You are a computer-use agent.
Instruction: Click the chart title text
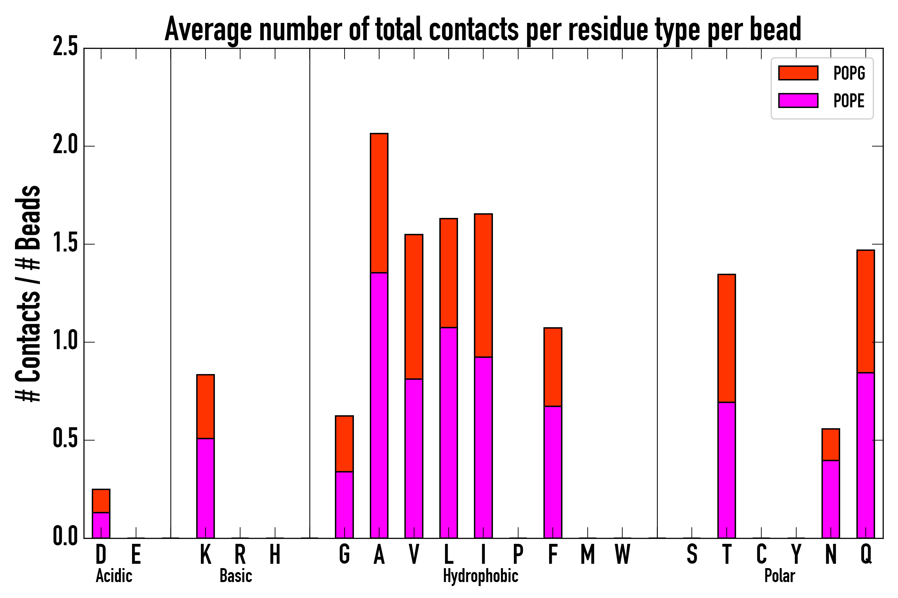coord(483,30)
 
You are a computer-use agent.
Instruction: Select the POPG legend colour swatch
coord(798,73)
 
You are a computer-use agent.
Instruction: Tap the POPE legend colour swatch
coord(798,100)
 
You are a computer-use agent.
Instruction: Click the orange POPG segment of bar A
coord(379,203)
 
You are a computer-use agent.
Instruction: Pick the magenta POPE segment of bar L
coord(449,433)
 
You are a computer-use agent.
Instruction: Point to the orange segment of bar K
coord(206,407)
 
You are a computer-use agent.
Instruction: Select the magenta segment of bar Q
coord(865,455)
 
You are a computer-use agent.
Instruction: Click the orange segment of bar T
coord(727,338)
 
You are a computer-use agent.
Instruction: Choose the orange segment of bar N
coord(831,445)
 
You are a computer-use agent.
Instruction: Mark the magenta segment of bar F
coord(553,472)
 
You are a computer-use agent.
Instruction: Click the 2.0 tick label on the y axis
coord(65,146)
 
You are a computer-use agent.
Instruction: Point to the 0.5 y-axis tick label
coord(65,440)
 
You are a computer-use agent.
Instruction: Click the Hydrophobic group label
coord(480,576)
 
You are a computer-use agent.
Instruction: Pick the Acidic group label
coord(114,576)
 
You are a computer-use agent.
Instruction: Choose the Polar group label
coord(779,576)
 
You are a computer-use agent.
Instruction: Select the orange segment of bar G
coord(344,444)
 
